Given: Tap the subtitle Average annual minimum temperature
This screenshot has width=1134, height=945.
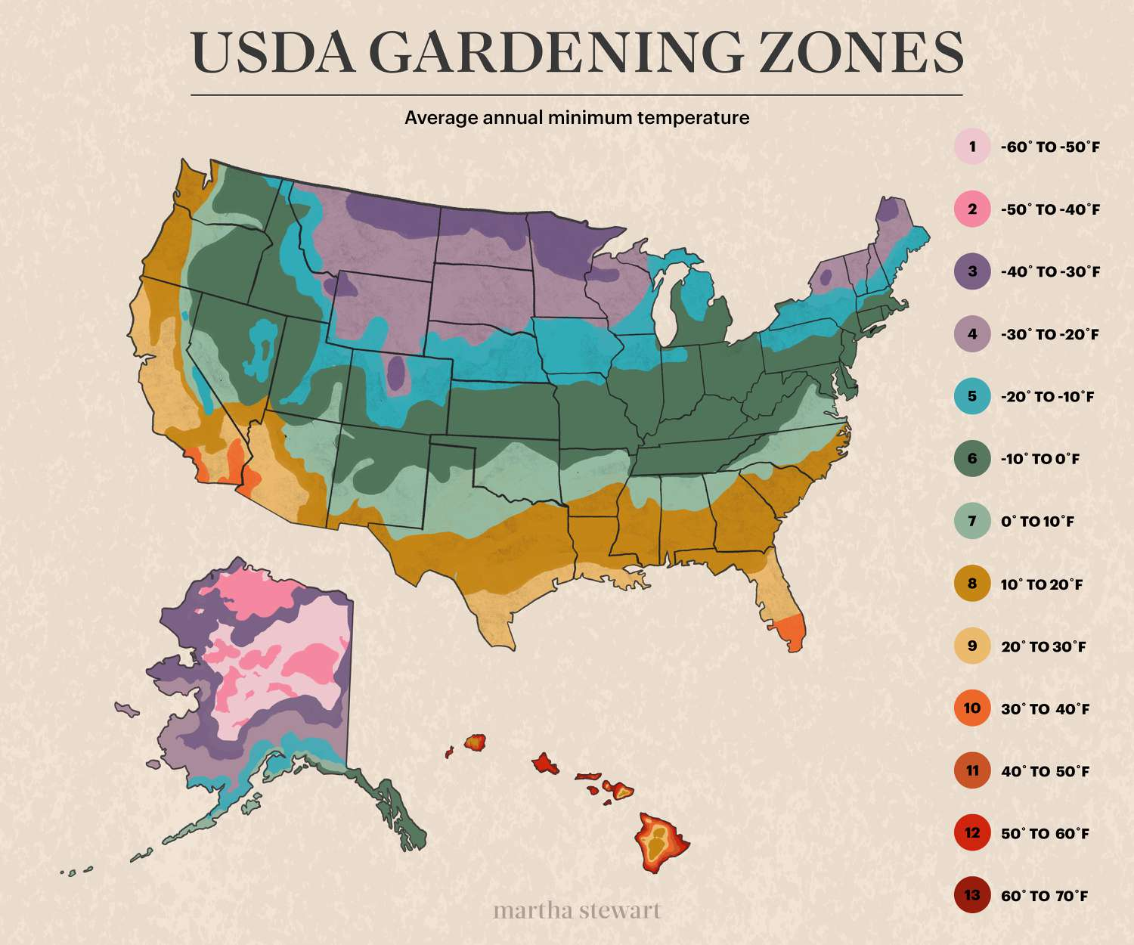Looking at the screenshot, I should tap(577, 118).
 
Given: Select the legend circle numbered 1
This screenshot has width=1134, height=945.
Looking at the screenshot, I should tap(972, 147).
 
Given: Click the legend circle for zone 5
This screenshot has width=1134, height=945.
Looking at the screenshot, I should tap(972, 396).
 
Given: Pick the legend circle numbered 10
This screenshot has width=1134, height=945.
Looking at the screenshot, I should tap(972, 708).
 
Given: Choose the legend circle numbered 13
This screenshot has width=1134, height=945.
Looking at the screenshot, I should tap(972, 896).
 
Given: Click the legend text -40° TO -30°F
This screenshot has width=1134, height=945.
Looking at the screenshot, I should tap(1050, 271).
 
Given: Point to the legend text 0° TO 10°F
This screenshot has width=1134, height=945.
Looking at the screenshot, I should tap(1037, 522).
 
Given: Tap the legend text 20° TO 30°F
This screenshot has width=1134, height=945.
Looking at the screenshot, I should tap(1043, 646).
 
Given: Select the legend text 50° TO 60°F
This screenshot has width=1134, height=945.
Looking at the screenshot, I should tap(1045, 834).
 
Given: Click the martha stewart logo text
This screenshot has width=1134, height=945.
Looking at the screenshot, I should tap(577, 910).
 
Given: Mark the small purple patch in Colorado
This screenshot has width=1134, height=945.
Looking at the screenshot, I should tap(396, 373).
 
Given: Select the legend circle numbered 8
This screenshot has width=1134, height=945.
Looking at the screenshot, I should tap(972, 584).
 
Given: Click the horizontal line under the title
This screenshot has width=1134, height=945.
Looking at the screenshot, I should tap(577, 95).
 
